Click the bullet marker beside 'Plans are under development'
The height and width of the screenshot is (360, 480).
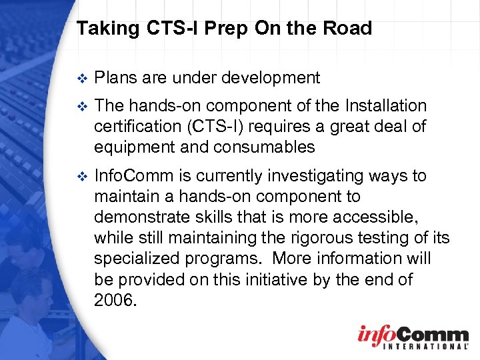tap(82, 79)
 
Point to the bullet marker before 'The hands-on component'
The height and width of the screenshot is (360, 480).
tap(82, 106)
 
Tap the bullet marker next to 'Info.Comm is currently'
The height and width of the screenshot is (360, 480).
tap(82, 177)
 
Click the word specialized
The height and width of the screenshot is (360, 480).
tap(134, 259)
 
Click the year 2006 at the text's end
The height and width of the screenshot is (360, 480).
tap(115, 300)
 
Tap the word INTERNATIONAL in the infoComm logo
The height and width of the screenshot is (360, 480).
tap(413, 347)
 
